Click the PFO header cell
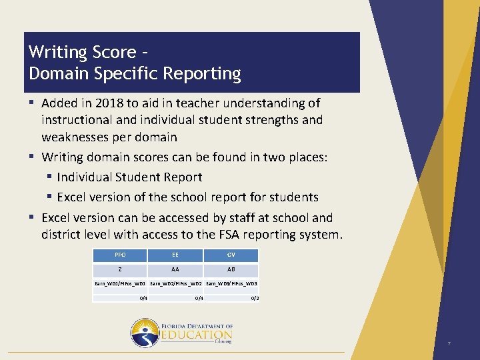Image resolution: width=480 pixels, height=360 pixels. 120,255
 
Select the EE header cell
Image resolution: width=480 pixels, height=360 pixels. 175,255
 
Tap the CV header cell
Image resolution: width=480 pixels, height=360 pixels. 231,255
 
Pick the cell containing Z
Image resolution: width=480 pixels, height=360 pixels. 120,270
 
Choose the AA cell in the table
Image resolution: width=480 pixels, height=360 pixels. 175,270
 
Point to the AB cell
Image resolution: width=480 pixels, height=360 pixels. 231,270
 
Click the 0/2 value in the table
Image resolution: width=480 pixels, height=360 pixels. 255,298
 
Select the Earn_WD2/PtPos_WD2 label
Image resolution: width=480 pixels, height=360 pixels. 176,284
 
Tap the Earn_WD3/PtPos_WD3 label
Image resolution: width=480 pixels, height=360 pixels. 232,284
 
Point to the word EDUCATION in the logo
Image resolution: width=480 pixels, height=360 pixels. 197,335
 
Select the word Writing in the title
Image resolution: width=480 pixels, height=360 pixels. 58,52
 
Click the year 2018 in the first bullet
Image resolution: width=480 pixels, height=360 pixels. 108,103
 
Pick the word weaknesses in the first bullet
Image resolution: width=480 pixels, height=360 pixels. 75,137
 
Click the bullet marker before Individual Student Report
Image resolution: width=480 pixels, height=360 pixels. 49,177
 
